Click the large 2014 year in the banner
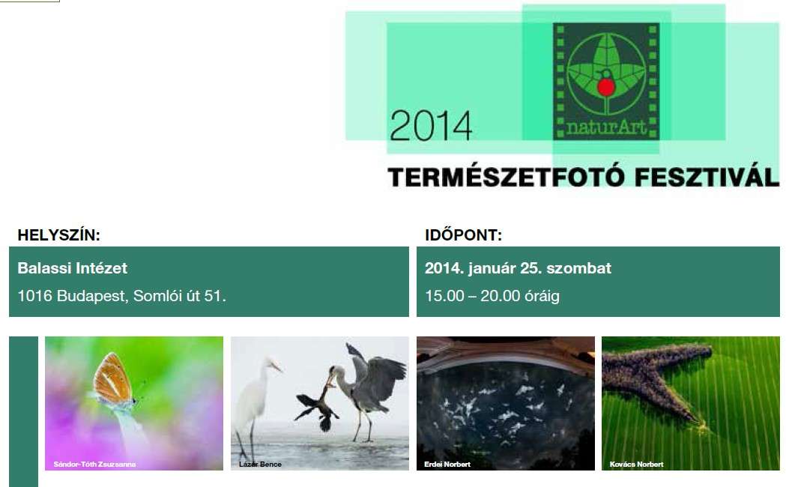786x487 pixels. click(431, 125)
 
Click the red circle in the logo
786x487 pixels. click(605, 87)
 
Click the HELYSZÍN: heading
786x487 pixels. click(58, 235)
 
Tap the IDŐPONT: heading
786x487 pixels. click(463, 235)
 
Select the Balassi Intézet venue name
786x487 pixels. click(73, 267)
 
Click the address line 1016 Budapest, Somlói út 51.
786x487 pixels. click(121, 296)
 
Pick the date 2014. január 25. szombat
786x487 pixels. click(518, 267)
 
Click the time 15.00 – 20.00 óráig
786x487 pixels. click(492, 296)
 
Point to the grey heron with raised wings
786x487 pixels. click(371, 382)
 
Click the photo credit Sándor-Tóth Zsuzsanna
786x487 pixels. click(94, 465)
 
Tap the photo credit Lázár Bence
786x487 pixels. click(260, 465)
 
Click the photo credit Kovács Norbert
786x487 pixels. click(636, 465)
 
